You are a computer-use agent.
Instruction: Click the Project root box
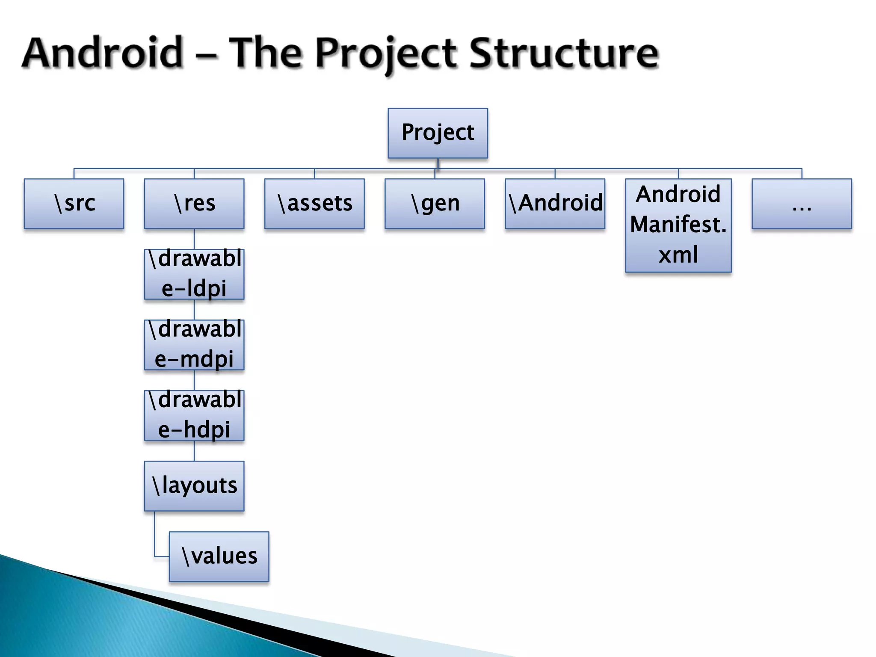tap(438, 133)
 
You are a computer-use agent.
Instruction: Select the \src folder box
tap(74, 204)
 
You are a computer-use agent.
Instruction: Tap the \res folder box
tap(194, 204)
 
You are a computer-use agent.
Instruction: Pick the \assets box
tap(314, 204)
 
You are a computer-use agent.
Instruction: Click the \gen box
tap(435, 204)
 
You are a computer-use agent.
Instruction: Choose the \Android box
tap(555, 204)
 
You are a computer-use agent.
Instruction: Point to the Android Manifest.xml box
tap(678, 225)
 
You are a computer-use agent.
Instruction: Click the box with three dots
tap(802, 204)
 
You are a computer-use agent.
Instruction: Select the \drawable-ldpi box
tap(194, 274)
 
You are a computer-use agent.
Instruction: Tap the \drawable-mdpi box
tap(194, 345)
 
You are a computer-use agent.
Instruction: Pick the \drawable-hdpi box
tap(194, 415)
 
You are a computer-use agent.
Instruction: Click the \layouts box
tap(194, 486)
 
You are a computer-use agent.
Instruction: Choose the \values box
tap(219, 556)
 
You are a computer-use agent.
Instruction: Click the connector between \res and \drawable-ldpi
tap(194, 239)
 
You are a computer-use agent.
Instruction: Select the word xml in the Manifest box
tap(678, 255)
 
